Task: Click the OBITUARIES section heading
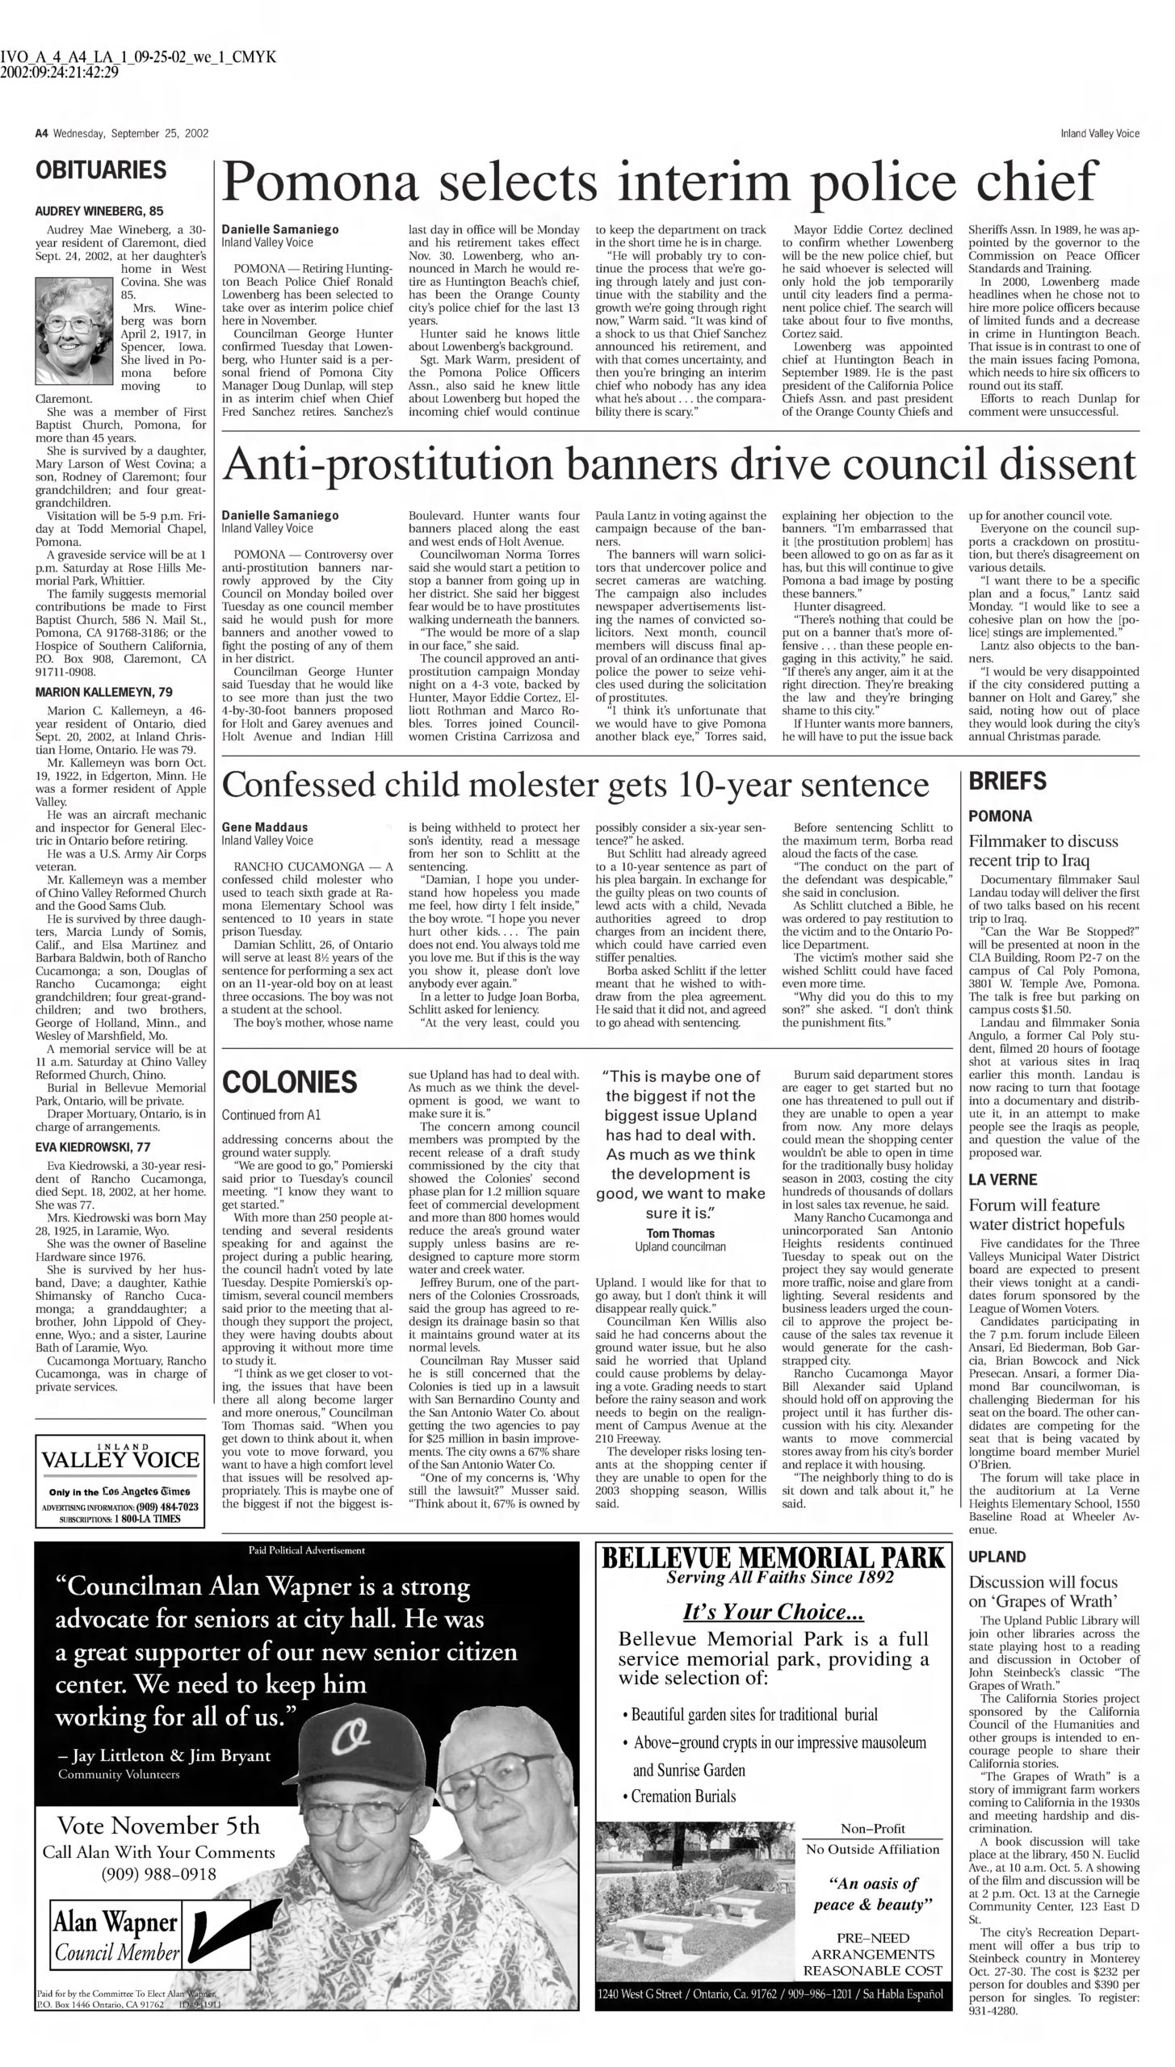pyautogui.click(x=101, y=170)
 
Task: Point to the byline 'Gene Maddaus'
pyautogui.click(x=265, y=827)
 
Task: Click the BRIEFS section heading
pyautogui.click(x=1007, y=781)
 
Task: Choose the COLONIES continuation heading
pyautogui.click(x=289, y=1082)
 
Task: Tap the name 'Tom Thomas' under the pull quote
pyautogui.click(x=680, y=1233)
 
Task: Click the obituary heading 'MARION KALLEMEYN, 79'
pyautogui.click(x=103, y=692)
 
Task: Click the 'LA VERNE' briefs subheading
pyautogui.click(x=1001, y=1180)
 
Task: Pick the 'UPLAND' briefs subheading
pyautogui.click(x=997, y=1557)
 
